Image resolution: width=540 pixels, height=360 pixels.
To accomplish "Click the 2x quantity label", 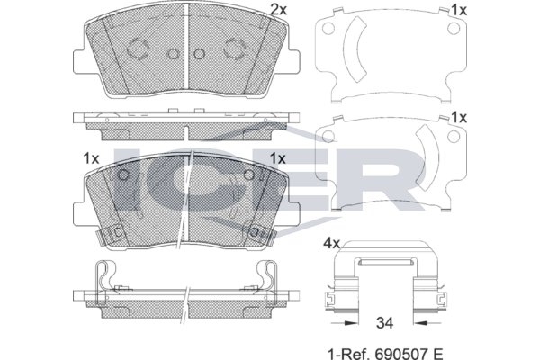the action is pos(279,10).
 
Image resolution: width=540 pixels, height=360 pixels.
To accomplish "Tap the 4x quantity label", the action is pos(331,244).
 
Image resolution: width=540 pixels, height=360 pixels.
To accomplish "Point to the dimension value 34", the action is pos(384,323).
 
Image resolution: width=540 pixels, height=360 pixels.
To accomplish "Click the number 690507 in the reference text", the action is pos(402,354).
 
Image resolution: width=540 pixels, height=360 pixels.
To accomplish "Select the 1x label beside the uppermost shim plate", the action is pos(459,10).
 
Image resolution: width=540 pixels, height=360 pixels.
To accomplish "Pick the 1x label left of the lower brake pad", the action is pos(91,158).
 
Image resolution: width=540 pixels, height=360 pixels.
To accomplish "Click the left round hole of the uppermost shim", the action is pos(328,29).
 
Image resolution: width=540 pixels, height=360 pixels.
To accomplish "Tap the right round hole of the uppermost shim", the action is pos(454,29).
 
